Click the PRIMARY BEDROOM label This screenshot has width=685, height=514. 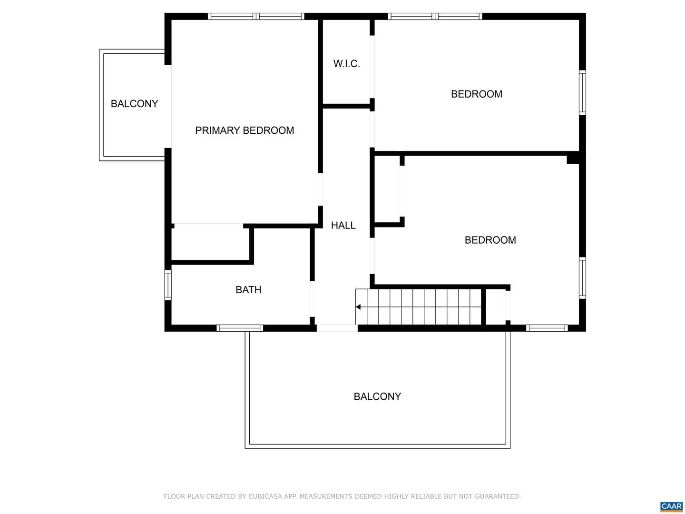point(245,130)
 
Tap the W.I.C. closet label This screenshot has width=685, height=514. point(346,64)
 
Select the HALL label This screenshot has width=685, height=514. point(343,225)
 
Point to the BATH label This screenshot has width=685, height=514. point(248,290)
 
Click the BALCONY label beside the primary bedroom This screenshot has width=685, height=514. point(135,104)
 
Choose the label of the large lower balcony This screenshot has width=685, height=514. point(377,396)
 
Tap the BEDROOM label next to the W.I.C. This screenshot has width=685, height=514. point(477,94)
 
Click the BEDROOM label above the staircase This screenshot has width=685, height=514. point(490,240)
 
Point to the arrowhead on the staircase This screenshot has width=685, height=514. point(358,307)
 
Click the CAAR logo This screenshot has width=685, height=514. point(671,506)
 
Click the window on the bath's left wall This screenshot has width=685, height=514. point(168,285)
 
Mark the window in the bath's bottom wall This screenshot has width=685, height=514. point(240,328)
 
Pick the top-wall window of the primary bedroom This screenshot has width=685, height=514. point(256,16)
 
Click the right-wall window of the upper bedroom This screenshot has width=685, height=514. point(582,92)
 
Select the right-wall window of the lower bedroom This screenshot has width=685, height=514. point(582,278)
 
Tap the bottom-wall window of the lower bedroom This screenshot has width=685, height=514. point(547,328)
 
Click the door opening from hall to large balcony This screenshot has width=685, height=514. point(337,328)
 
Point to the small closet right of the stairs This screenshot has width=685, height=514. point(496,307)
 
